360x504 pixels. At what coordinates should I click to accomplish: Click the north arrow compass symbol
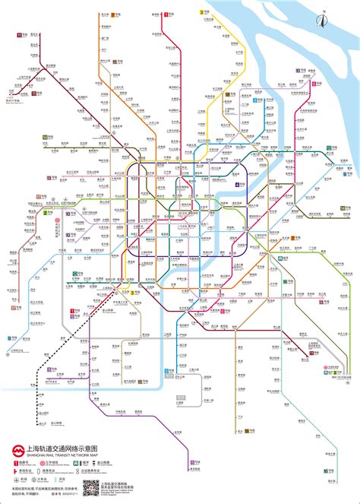pyautogui.click(x=321, y=12)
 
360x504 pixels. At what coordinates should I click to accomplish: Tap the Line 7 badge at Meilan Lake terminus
pyautogui.click(x=113, y=15)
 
